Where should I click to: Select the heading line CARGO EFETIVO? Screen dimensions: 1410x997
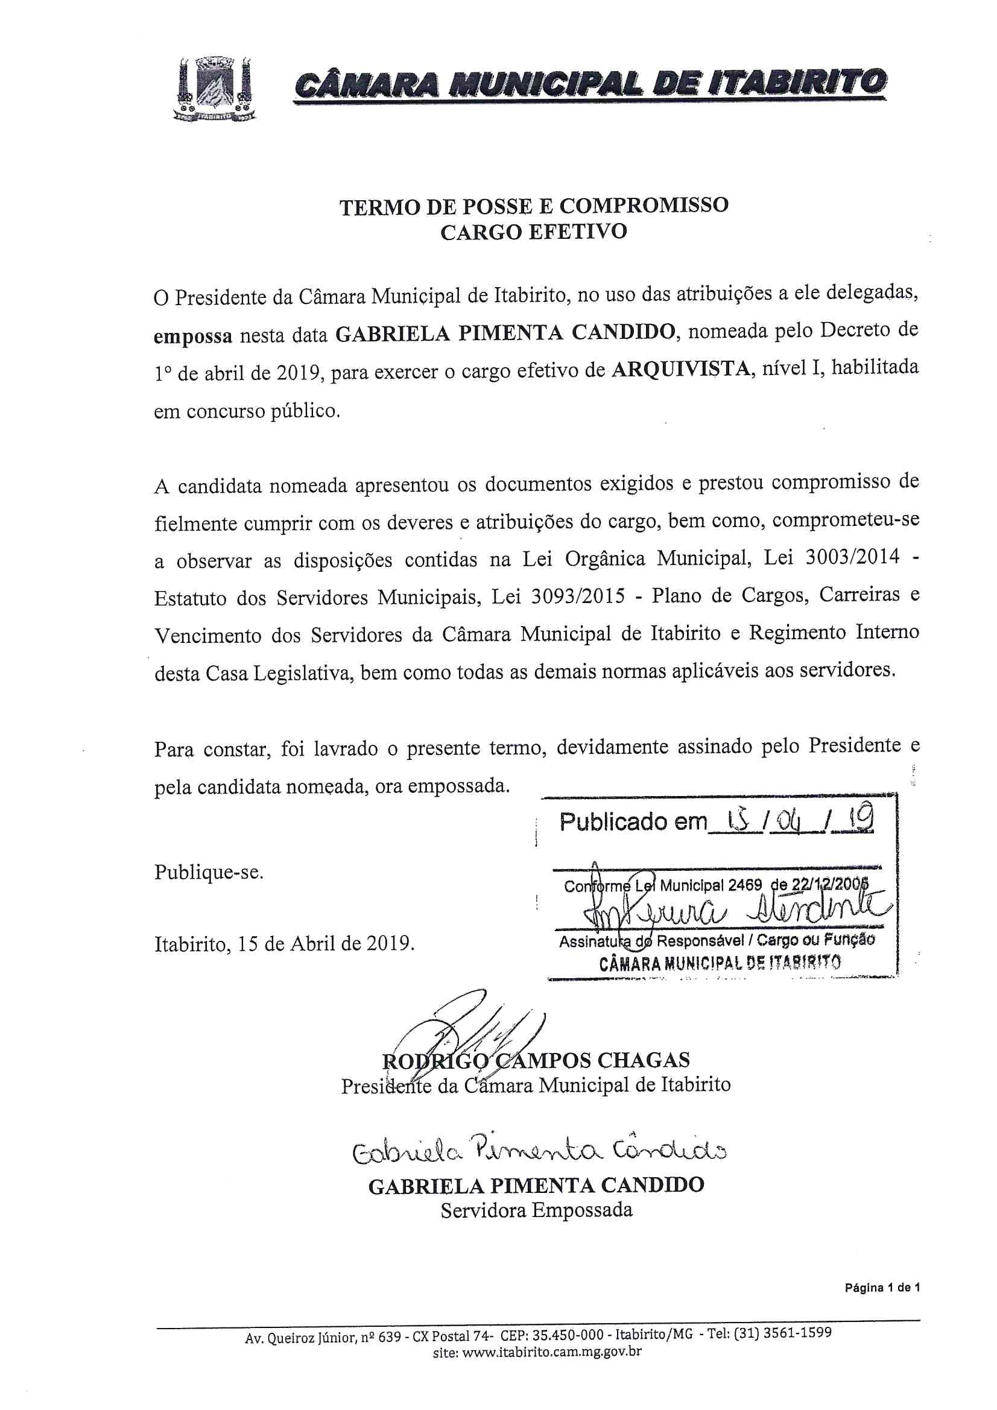533,233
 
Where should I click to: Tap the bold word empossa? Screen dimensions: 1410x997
193,337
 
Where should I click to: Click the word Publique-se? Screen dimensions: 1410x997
209,872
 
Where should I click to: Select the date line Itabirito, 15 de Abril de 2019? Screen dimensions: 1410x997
285,943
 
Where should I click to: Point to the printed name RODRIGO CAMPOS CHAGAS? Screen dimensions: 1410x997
536,1061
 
